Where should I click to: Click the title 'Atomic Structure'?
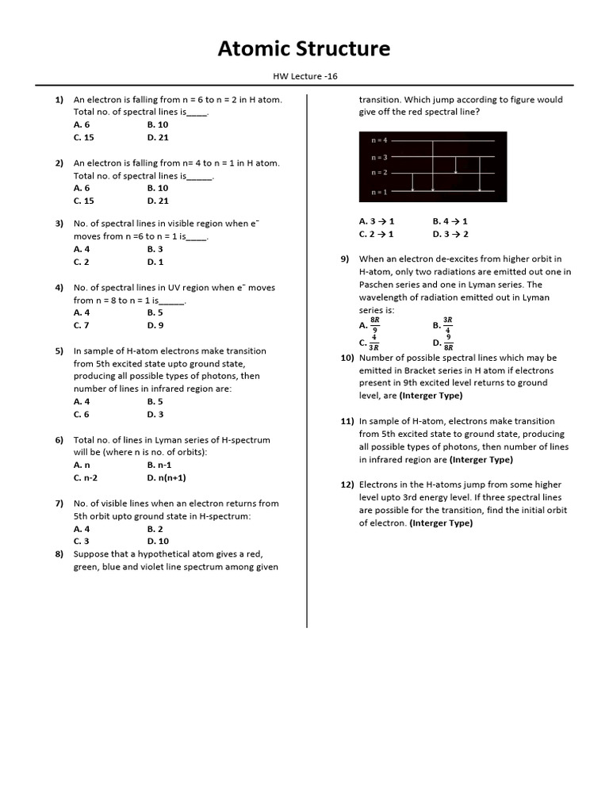pyautogui.click(x=304, y=49)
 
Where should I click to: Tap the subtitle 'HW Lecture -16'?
pyautogui.click(x=304, y=77)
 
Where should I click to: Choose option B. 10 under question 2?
pyautogui.click(x=157, y=188)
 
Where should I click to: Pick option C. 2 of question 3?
pyautogui.click(x=82, y=262)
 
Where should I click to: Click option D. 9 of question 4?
pyautogui.click(x=155, y=325)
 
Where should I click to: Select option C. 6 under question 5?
pyautogui.click(x=82, y=414)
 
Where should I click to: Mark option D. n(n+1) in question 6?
pyautogui.click(x=167, y=477)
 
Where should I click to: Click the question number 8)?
pyautogui.click(x=59, y=553)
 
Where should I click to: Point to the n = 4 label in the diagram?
pyautogui.click(x=379, y=140)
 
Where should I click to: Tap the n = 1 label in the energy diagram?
pyautogui.click(x=379, y=192)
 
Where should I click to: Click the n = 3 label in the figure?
pyautogui.click(x=379, y=157)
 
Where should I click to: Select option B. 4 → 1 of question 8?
pyautogui.click(x=450, y=221)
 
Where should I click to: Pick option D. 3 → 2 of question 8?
pyautogui.click(x=450, y=234)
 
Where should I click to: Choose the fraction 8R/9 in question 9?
pyautogui.click(x=375, y=325)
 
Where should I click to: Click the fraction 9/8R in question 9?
pyautogui.click(x=449, y=343)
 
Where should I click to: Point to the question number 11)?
pyautogui.click(x=346, y=421)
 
